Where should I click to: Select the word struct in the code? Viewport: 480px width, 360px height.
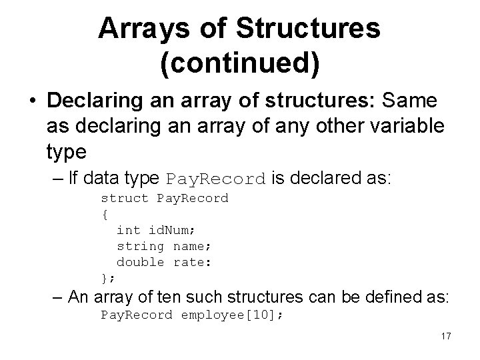125,198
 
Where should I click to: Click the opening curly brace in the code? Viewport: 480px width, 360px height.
105,214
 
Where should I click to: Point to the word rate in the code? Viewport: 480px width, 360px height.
191,262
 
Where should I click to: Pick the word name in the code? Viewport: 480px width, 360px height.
191,246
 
